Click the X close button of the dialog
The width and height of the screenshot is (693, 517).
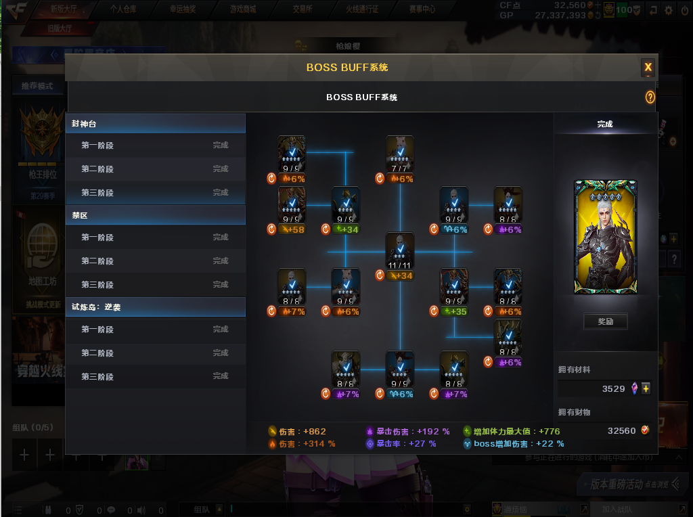coord(648,67)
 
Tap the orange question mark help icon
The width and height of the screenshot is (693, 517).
coord(650,97)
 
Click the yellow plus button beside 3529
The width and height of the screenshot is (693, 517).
coord(646,388)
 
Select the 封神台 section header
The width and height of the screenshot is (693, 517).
coord(156,124)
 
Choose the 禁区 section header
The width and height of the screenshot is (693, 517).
coord(156,215)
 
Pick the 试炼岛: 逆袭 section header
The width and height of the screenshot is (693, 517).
coord(156,307)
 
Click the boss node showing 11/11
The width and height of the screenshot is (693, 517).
coord(400,250)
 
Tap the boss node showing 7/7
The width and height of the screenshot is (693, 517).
coord(400,154)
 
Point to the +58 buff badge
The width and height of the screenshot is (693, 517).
coord(292,229)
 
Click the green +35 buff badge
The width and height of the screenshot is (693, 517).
coord(454,311)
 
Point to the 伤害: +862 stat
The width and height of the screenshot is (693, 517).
coord(297,431)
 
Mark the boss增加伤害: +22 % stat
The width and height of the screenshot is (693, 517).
coord(514,444)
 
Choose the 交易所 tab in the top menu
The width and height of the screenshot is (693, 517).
coord(303,9)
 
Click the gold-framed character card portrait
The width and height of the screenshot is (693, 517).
coord(605,237)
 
